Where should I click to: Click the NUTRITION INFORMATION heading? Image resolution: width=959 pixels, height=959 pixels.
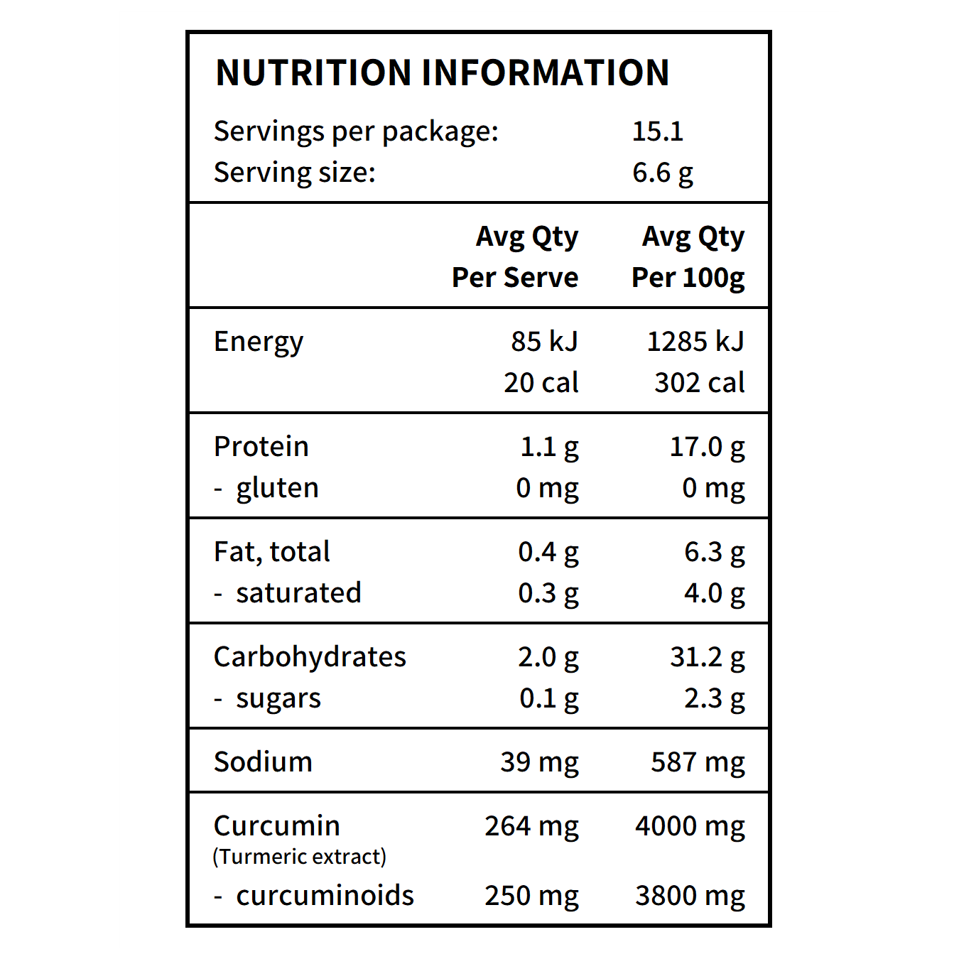[x=442, y=72]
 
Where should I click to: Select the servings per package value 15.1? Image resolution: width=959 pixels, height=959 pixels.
[x=657, y=131]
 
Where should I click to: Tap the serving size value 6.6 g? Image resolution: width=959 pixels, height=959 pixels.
[x=662, y=173]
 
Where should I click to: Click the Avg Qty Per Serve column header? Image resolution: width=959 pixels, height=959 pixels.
[x=516, y=256]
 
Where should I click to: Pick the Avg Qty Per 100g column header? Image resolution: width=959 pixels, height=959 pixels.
[x=688, y=256]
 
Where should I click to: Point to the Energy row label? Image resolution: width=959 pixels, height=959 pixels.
[x=259, y=342]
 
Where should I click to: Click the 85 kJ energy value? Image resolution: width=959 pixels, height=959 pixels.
[x=544, y=342]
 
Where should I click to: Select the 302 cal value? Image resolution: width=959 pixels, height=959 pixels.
[x=699, y=383]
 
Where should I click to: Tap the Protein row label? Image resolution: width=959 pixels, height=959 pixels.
[x=261, y=447]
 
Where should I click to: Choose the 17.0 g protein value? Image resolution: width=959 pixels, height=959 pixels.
[x=707, y=447]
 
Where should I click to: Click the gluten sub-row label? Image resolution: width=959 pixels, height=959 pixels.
[x=277, y=488]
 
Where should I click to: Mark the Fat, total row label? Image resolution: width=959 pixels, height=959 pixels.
[x=272, y=552]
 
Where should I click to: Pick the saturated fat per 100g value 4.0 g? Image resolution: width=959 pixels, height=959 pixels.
[x=714, y=593]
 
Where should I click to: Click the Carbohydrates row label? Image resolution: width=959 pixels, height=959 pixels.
[x=310, y=657]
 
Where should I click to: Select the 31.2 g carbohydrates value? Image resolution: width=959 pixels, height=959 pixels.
[x=707, y=657]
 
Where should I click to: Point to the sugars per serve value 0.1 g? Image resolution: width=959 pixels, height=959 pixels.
[x=548, y=698]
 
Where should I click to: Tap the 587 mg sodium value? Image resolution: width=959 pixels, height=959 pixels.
[x=698, y=762]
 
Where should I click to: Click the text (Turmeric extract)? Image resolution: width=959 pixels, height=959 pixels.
[x=300, y=857]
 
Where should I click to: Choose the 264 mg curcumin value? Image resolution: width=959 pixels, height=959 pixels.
[x=531, y=826]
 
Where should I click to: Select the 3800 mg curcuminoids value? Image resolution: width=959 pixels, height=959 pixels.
[x=690, y=896]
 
